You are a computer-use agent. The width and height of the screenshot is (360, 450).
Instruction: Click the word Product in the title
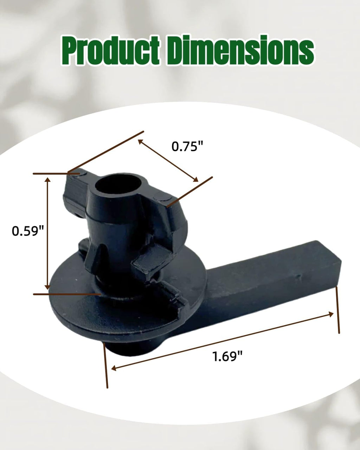pos(110,51)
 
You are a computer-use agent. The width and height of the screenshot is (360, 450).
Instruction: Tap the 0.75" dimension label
pos(187,146)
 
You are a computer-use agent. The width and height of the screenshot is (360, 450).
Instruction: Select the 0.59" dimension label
pos(28,231)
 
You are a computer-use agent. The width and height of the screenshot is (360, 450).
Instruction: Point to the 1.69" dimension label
pos(227,356)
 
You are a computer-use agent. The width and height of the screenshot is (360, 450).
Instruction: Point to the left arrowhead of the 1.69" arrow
pos(114,368)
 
